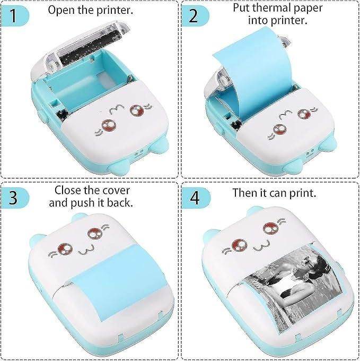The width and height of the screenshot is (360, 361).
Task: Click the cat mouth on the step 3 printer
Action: tap(85, 249)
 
